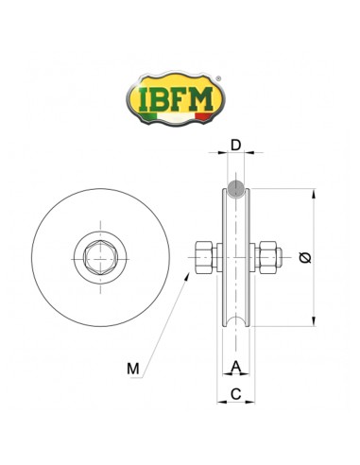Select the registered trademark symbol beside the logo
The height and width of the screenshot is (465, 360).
[220, 79]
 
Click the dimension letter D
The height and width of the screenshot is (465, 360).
[236, 146]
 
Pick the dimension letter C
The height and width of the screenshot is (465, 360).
[235, 390]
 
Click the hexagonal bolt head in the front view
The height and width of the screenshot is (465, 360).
[100, 255]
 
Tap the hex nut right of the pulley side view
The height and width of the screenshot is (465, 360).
[267, 255]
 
